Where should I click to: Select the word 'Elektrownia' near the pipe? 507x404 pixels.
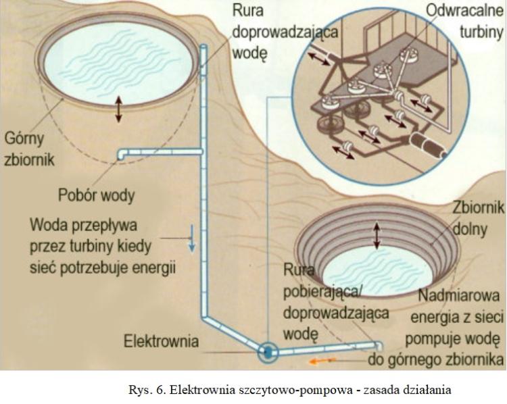[x=162, y=341]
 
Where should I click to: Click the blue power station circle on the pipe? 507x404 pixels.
[x=268, y=351]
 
